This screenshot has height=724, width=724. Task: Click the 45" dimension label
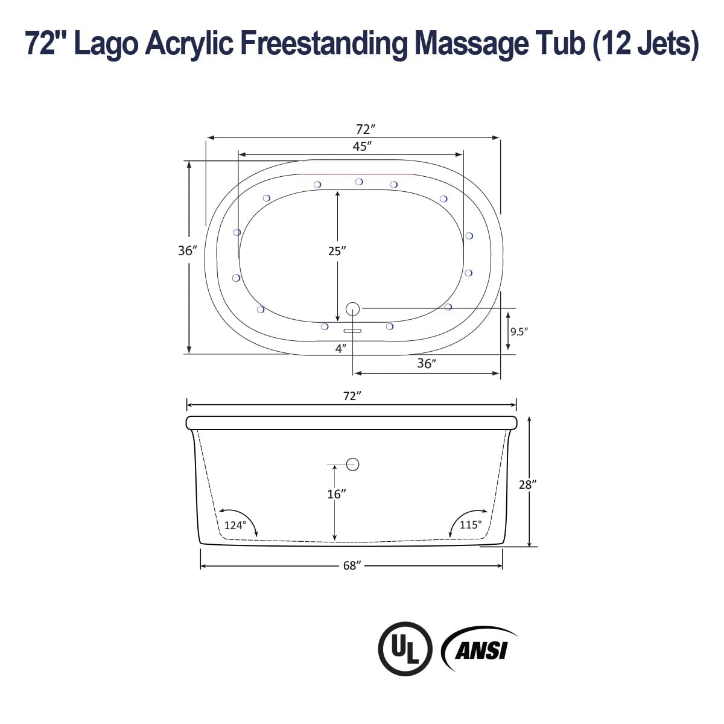tap(361, 146)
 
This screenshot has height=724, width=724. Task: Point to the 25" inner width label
tap(337, 251)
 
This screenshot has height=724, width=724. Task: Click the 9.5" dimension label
tap(519, 331)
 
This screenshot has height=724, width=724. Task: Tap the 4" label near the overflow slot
tap(341, 349)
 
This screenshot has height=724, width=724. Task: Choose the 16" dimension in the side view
tap(336, 494)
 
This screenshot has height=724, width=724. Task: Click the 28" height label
tap(527, 484)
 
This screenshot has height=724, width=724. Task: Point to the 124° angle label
tap(235, 525)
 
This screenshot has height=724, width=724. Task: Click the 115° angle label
tap(471, 524)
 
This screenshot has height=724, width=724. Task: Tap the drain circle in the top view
tap(353, 309)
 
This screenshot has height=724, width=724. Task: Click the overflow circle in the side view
tap(353, 464)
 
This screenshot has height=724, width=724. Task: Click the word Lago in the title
tap(112, 43)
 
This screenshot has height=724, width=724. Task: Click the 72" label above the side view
tap(352, 396)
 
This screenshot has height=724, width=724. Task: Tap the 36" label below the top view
tap(426, 363)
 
